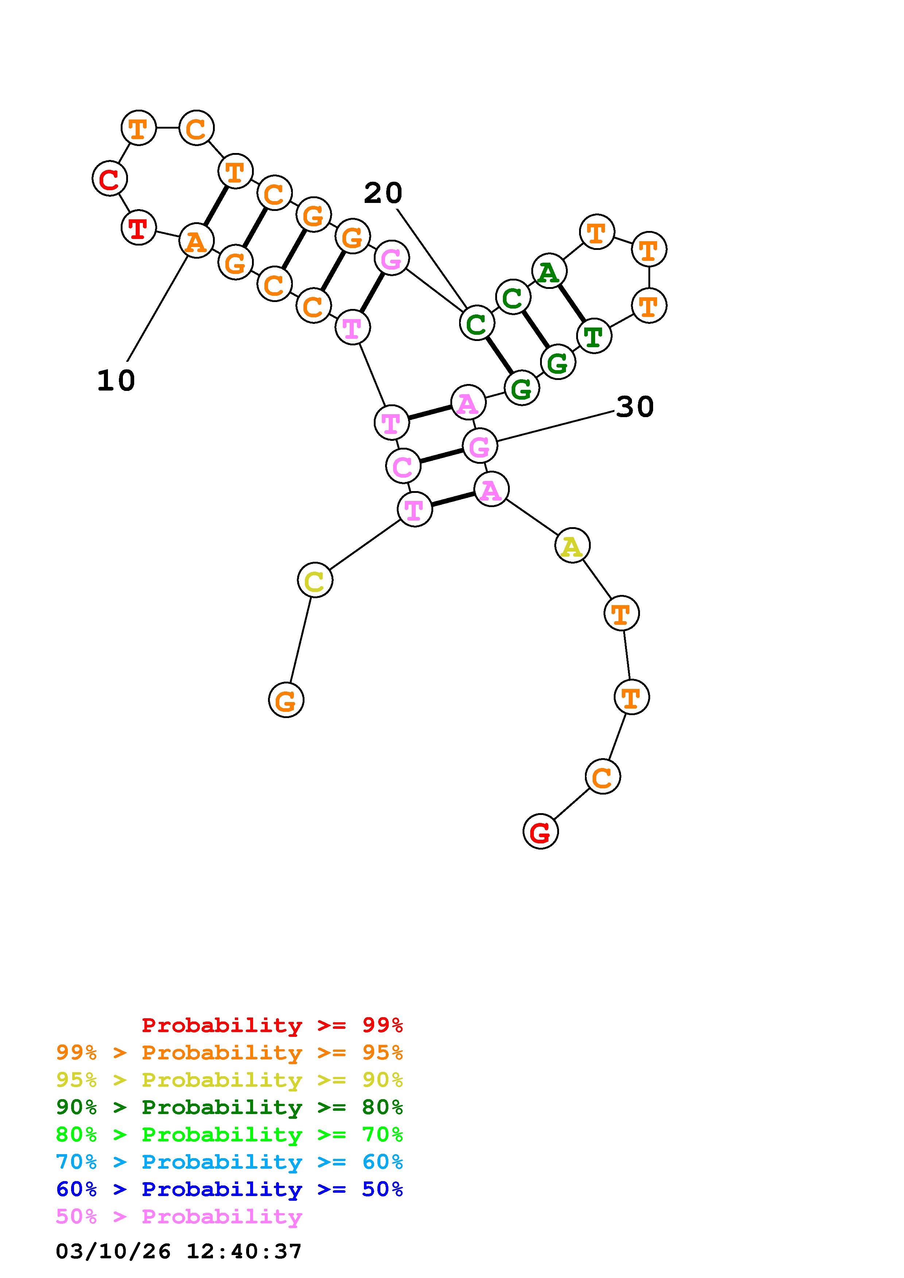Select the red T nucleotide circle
coord(138,228)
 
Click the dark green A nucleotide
coord(549,272)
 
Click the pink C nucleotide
coord(402,466)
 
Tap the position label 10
coord(116,381)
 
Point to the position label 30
coord(635,407)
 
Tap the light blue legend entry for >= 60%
coord(229,1162)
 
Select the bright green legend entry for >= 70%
coord(229,1134)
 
